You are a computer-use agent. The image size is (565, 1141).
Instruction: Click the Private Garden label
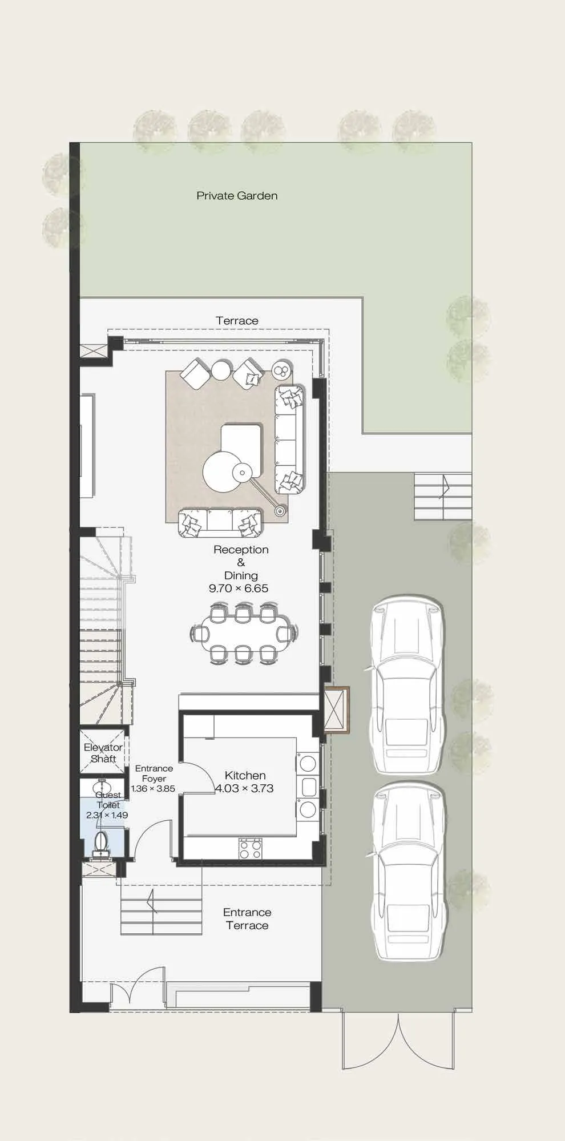pos(237,196)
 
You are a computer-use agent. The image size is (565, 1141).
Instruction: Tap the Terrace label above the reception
pos(237,321)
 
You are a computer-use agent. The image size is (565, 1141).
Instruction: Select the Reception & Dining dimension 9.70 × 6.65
pos(239,588)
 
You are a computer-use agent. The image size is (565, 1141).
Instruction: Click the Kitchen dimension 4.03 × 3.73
pos(244,788)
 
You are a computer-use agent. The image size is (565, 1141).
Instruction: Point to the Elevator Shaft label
pos(103,753)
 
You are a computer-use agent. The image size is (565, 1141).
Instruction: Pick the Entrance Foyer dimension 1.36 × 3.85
pos(153,789)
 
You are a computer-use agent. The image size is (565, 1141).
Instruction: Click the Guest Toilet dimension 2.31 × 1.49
pos(107,815)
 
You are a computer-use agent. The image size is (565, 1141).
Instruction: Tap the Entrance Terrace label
pos(247,919)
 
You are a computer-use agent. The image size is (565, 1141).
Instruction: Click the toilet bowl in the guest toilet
pos(101,844)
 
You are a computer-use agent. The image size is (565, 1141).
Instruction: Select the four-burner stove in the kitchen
pos(250,848)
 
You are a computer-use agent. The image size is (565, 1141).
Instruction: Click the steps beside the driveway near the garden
pos(443,496)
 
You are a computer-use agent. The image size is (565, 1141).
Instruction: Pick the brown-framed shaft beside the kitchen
pos(336,709)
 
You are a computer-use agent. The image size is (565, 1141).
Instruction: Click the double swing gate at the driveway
pos(398,1040)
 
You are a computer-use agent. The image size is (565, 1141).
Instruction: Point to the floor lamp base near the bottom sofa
pos(280,511)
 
